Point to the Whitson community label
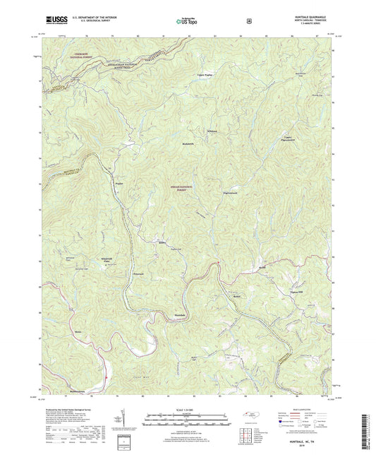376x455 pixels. coord(213,131)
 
